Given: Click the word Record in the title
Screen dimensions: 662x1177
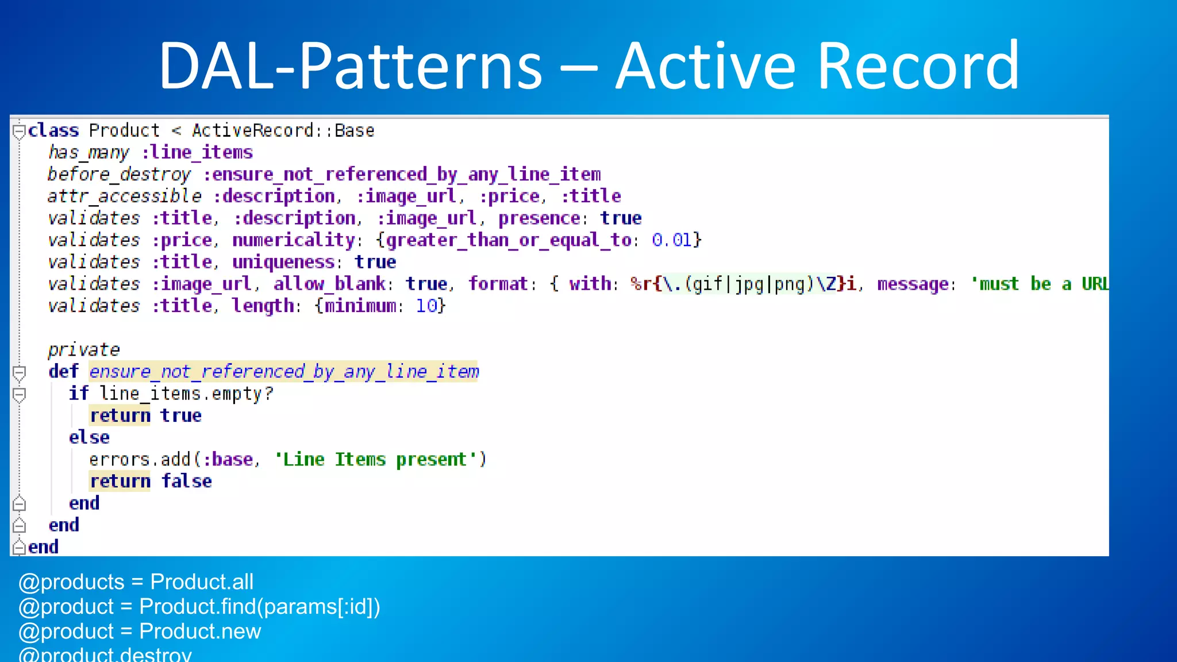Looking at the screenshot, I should pos(918,66).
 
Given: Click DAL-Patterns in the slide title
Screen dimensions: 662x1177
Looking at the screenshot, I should pos(349,66).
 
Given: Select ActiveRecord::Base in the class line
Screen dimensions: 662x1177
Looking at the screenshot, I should pos(283,130).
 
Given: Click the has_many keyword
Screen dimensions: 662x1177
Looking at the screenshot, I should pos(89,152).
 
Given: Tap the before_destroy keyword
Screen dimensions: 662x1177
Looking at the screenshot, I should pos(118,174).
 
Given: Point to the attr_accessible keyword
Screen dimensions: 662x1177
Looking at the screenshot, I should pos(124,196).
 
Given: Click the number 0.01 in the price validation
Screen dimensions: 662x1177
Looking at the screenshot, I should pos(671,240).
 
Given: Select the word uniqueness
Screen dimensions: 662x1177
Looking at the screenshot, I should pos(283,262).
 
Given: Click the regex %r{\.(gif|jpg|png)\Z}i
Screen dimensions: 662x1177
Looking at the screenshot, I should pos(743,284).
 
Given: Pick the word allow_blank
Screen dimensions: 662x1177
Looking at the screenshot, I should pos(329,284).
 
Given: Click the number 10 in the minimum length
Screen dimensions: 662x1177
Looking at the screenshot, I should pos(426,306).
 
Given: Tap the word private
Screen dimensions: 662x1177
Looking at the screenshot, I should pos(84,349).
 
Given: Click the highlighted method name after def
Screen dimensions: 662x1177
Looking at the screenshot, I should pos(284,372).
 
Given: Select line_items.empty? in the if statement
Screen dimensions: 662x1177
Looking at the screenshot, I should pos(186,394).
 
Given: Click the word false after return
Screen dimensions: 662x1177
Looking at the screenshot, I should pos(186,481).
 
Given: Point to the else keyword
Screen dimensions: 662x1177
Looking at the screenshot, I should pos(89,437).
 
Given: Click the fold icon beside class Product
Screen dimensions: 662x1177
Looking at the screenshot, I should pos(19,132).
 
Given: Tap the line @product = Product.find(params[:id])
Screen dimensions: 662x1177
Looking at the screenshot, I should pos(199,607).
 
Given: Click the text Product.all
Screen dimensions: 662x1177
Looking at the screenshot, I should pos(202,582).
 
